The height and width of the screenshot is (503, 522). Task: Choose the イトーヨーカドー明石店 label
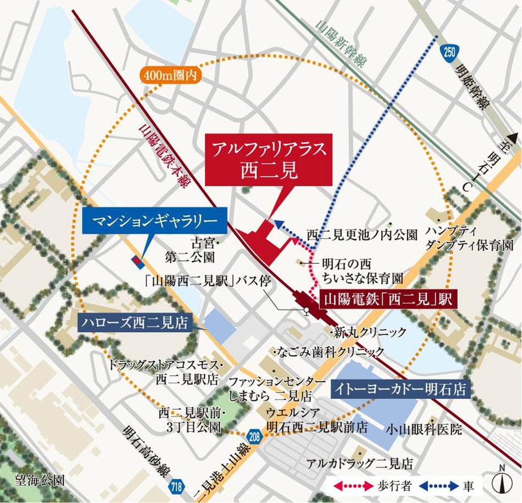401,390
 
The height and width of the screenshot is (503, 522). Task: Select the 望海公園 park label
34,480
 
